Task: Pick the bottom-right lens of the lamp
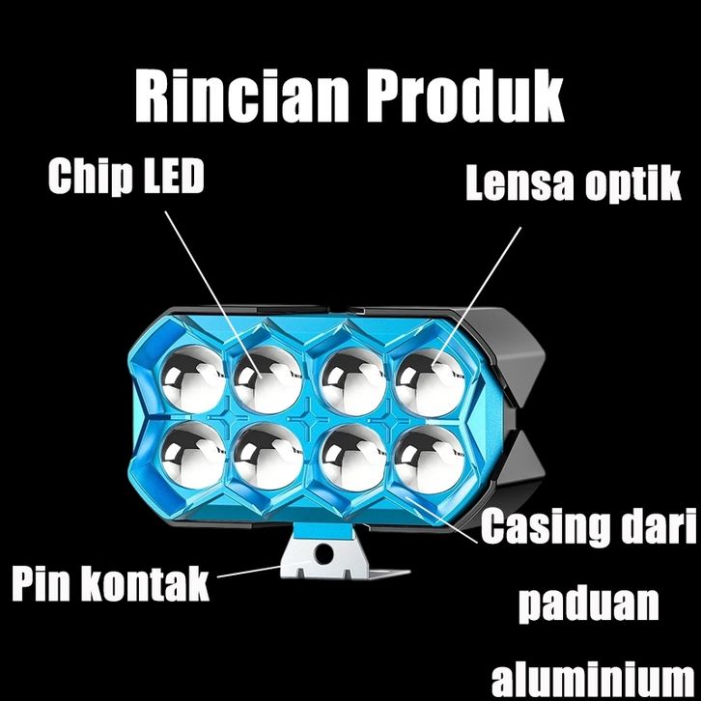pyautogui.click(x=428, y=454)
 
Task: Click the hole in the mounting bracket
pyautogui.click(x=324, y=554)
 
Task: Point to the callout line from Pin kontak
pyautogui.click(x=253, y=572)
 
